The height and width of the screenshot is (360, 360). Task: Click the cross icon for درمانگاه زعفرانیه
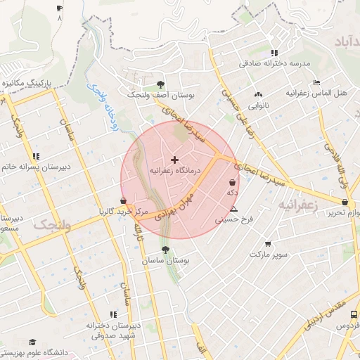(175, 160)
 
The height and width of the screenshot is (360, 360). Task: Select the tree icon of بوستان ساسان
(165, 250)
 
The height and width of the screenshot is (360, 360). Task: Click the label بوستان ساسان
(165, 260)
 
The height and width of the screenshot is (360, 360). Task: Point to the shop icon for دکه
(232, 183)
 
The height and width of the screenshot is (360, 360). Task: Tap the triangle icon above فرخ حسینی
(234, 210)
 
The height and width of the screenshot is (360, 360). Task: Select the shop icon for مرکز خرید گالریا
(124, 200)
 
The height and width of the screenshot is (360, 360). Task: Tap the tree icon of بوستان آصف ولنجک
(160, 83)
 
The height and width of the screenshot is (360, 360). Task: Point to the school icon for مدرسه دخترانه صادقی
(274, 53)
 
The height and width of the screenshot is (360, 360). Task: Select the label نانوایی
(259, 105)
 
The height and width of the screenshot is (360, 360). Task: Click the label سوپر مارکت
(268, 255)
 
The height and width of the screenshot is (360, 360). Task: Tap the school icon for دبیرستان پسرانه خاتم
(36, 156)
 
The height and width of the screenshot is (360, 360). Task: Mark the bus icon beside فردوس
(354, 315)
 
